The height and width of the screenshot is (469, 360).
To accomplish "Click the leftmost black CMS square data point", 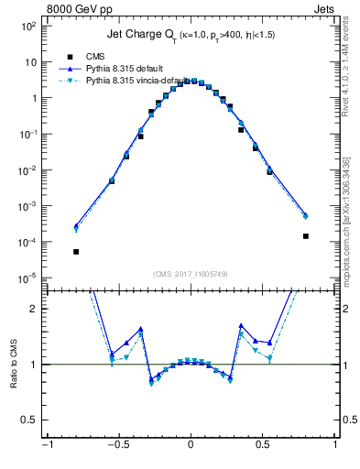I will pos(76,251).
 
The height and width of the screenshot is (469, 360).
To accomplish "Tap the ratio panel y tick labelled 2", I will pos(34,309).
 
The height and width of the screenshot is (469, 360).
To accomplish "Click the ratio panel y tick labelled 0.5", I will pos(30,420).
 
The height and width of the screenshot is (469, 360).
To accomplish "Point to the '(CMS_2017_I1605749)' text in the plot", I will pos(190,275).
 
